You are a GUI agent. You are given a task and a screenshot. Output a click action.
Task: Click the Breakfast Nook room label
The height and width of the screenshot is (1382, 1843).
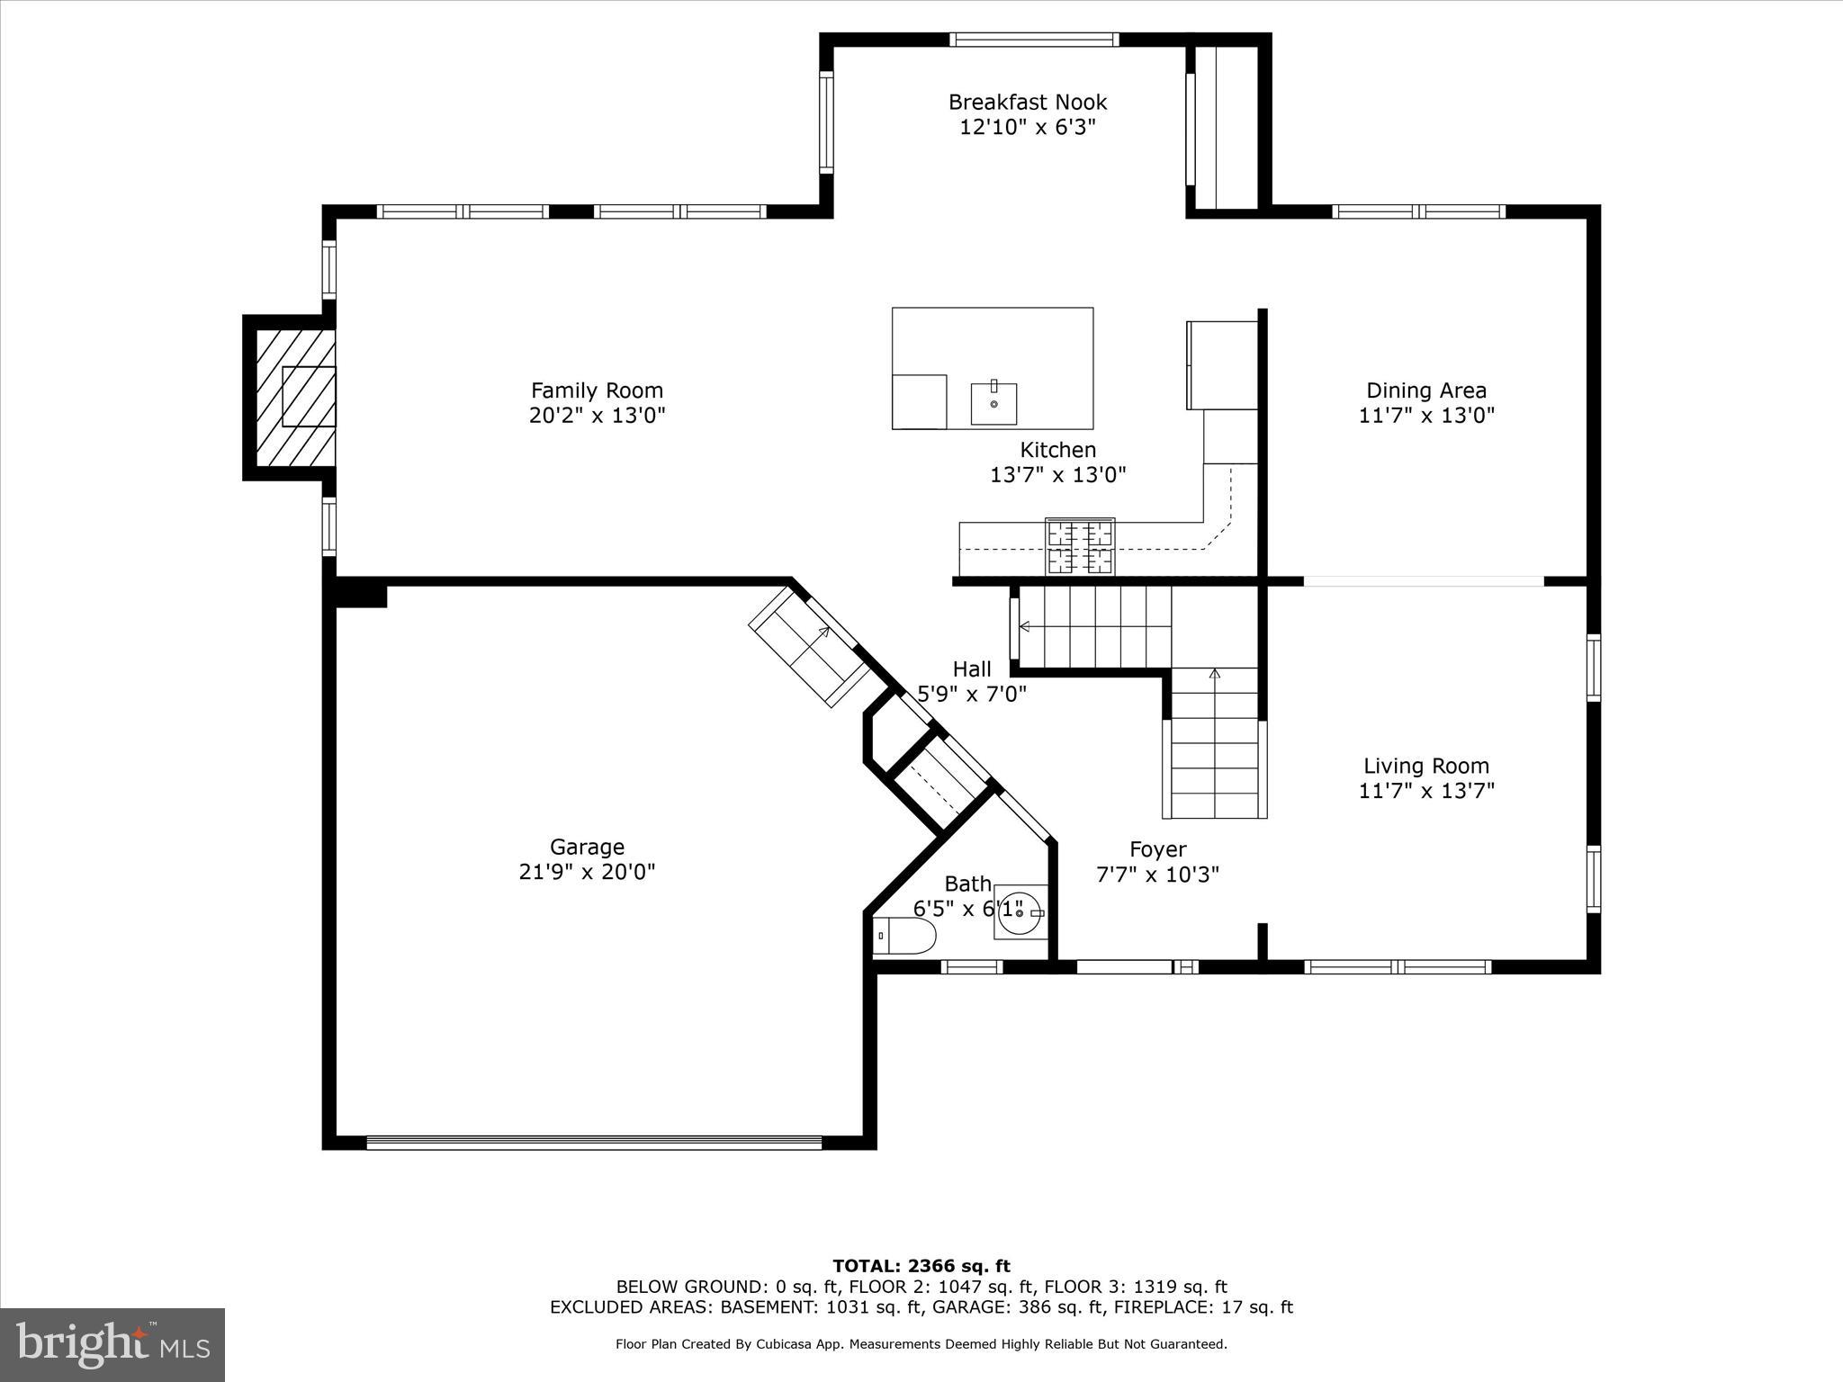click(x=1028, y=103)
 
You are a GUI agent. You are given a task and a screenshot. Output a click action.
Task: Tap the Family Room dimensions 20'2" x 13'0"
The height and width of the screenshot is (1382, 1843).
click(x=597, y=416)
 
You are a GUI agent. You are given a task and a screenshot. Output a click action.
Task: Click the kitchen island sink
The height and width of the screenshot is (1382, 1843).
click(x=993, y=403)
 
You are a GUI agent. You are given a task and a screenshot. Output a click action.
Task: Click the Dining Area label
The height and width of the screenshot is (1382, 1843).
click(x=1426, y=390)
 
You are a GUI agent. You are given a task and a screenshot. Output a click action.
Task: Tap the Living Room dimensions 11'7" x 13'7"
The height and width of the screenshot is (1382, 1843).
click(x=1426, y=791)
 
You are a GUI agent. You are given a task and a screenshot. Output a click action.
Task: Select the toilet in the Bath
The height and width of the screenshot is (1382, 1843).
click(x=904, y=936)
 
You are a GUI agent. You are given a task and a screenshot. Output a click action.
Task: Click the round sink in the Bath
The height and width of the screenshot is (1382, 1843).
click(x=1020, y=912)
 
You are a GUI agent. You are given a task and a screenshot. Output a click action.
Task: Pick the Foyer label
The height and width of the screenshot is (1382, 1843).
click(x=1157, y=849)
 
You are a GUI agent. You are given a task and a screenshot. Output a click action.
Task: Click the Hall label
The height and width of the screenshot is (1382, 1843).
click(x=972, y=669)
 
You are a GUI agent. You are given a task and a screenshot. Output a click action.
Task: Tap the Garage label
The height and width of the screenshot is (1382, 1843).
click(x=587, y=847)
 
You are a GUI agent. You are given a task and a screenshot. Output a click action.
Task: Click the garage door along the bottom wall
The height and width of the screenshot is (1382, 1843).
click(x=594, y=1143)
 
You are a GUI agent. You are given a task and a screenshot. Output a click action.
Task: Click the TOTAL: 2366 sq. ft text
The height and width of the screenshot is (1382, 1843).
click(x=921, y=1266)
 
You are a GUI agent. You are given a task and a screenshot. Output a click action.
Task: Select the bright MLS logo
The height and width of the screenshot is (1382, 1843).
click(x=112, y=1345)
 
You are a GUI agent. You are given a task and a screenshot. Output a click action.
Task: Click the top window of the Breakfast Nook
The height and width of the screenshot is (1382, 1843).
click(x=1034, y=40)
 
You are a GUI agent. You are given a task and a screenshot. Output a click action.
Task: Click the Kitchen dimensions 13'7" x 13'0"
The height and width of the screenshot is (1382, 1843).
click(x=1058, y=475)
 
